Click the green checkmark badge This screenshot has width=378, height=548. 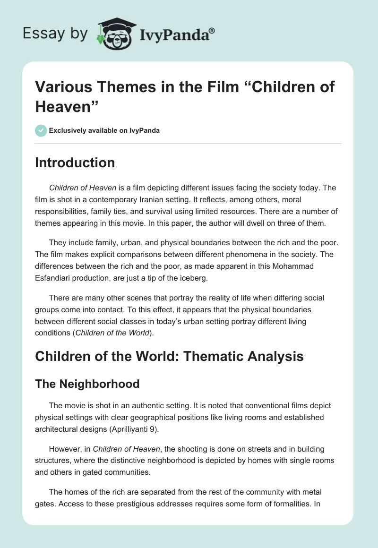pyautogui.click(x=41, y=130)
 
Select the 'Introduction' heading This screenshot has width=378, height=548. pyautogui.click(x=75, y=163)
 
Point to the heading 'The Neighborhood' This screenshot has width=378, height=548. pyautogui.click(x=87, y=384)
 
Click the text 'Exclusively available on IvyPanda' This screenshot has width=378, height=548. pyautogui.click(x=104, y=130)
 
